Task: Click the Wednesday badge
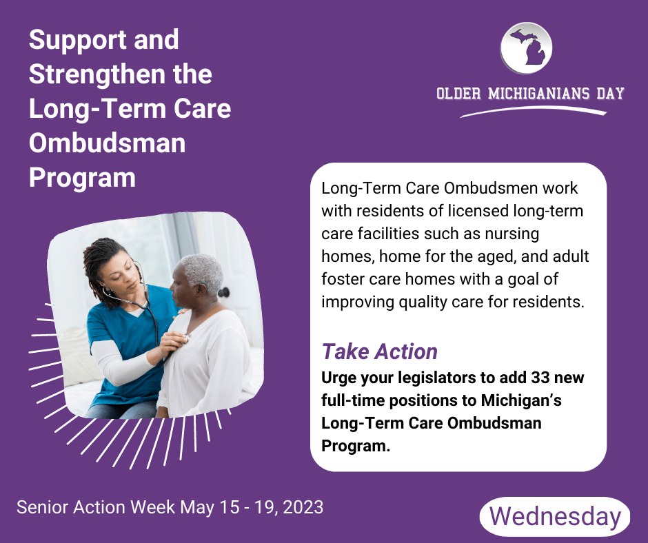(555, 517)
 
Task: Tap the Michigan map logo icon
(526, 48)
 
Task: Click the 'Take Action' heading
(380, 351)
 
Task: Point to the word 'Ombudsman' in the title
(107, 143)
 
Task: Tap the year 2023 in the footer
(298, 508)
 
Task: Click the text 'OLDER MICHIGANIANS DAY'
(530, 94)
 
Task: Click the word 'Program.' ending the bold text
(356, 445)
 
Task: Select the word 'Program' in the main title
(82, 177)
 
